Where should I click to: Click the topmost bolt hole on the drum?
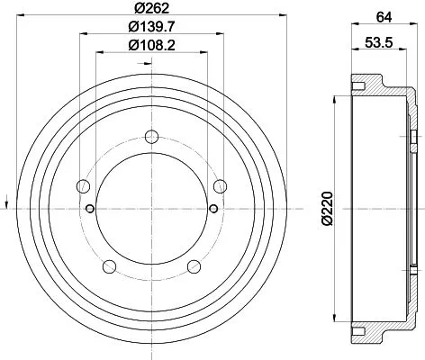(x=150, y=138)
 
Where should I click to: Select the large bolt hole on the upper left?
(x=83, y=186)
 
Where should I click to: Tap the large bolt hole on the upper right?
(x=219, y=186)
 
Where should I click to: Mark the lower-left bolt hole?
(x=109, y=265)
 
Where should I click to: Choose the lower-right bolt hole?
(x=193, y=265)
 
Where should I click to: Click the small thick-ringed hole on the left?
(x=89, y=210)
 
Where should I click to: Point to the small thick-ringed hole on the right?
(x=212, y=210)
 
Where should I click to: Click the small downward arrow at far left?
(x=7, y=199)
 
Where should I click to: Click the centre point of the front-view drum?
(x=150, y=210)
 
